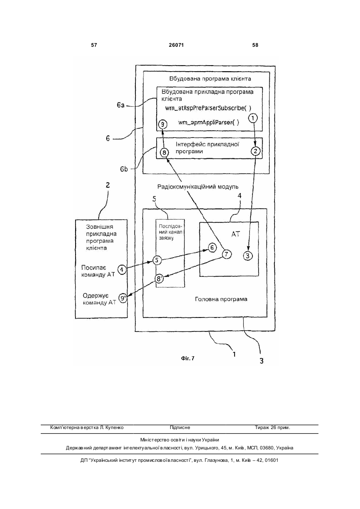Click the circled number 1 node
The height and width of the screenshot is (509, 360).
pos(253,118)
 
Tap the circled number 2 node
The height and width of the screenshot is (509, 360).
pos(256,151)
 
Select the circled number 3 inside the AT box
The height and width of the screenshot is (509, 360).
pos(248,256)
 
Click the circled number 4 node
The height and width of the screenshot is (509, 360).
pos(122,270)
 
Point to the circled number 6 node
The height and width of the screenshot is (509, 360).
pos(212,248)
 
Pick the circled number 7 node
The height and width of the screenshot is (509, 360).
pos(227,254)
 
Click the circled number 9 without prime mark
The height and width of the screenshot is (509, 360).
pos(163,124)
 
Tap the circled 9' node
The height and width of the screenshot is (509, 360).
pos(123,298)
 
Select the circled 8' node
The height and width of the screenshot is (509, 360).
pos(159,279)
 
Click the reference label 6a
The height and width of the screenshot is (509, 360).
pos(121,105)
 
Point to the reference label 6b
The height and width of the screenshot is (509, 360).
pos(124,169)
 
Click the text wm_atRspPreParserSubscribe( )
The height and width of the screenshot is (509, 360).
pos(208,108)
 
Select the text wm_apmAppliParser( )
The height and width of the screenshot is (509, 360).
pos(209,123)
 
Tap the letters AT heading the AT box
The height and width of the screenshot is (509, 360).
pos(235,234)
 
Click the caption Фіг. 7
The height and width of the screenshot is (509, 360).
pos(188,358)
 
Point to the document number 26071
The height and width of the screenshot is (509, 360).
pos(176,45)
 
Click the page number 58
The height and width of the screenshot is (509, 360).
pos(255,45)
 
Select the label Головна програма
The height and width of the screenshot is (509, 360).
pos(221,299)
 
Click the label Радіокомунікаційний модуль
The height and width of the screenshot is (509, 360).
pos(198,187)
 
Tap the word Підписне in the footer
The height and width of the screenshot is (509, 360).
pos(180,427)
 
